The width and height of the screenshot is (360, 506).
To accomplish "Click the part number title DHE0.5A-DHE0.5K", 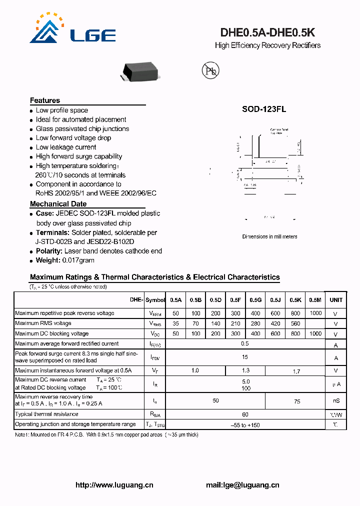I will [x=267, y=32].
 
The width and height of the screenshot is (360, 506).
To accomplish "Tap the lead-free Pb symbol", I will [x=210, y=71].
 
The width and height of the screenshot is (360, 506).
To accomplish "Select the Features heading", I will [x=45, y=100].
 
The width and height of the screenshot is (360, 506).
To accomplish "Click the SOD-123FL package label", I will [x=264, y=110].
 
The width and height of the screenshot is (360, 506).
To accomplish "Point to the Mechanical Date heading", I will [x=58, y=204].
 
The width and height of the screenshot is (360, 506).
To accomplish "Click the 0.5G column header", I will [x=255, y=300].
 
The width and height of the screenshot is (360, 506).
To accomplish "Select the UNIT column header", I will [x=336, y=300].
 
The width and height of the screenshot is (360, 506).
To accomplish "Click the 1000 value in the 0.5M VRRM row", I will [x=315, y=313].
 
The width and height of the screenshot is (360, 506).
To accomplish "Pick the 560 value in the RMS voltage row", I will [x=295, y=323].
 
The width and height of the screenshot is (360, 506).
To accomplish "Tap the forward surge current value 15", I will [x=245, y=357].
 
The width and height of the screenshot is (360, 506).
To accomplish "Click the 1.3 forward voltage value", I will [x=245, y=370].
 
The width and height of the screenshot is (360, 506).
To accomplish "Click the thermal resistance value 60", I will [x=245, y=414].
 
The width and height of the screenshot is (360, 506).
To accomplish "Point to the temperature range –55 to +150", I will [x=245, y=424].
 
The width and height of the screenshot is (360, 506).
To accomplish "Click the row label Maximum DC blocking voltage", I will [x=52, y=333].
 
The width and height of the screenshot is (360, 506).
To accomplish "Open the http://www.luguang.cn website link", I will [x=114, y=485].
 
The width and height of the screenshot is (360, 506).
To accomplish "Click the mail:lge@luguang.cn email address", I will [x=242, y=485].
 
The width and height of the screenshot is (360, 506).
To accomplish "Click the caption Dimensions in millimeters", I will [x=269, y=236].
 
